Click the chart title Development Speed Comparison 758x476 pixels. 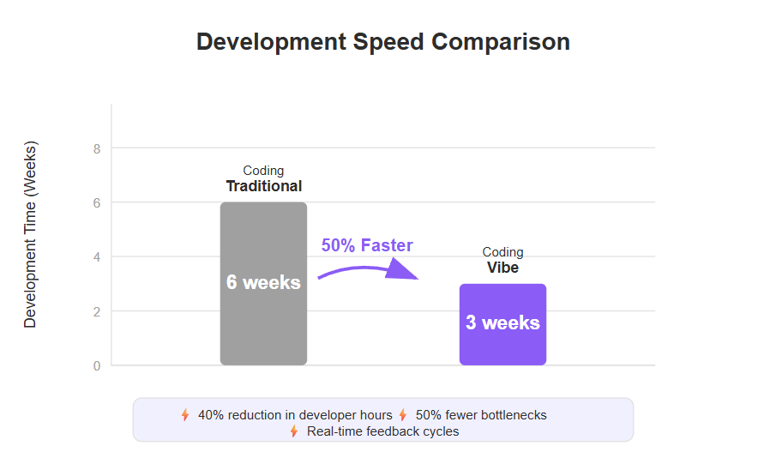(x=383, y=42)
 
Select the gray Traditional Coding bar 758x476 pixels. (x=263, y=284)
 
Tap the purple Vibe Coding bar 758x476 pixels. (x=502, y=324)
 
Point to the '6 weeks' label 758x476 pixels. (x=263, y=282)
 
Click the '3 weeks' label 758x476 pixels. (x=502, y=322)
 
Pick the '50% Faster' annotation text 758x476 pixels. (x=367, y=245)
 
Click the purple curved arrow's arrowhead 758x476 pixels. (x=402, y=269)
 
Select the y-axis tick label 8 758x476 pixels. (x=97, y=149)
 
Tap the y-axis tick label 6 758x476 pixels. (x=97, y=203)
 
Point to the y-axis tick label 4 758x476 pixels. (x=97, y=257)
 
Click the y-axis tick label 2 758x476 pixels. (x=97, y=312)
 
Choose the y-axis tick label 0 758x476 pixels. (x=97, y=366)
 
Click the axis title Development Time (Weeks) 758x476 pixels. (x=30, y=235)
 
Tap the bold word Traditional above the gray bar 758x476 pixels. (x=264, y=186)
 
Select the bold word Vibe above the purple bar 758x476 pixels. (x=502, y=268)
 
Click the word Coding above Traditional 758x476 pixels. (x=263, y=171)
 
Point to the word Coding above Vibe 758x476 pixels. (x=502, y=252)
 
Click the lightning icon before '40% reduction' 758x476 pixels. (x=185, y=414)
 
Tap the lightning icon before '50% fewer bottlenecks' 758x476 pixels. (x=403, y=414)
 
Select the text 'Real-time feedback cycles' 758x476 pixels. (x=383, y=431)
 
